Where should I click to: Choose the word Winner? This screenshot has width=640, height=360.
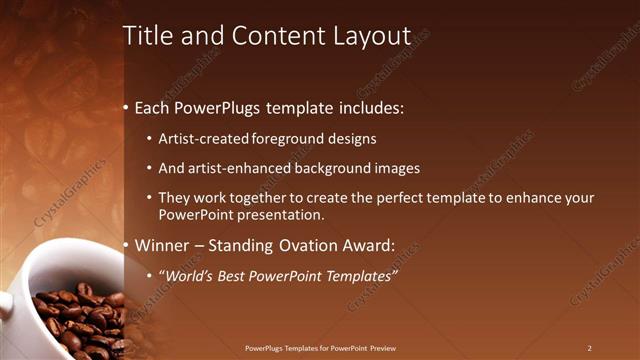160,245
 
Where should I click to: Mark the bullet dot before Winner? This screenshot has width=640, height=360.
126,245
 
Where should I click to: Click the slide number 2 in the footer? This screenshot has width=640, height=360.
589,348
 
